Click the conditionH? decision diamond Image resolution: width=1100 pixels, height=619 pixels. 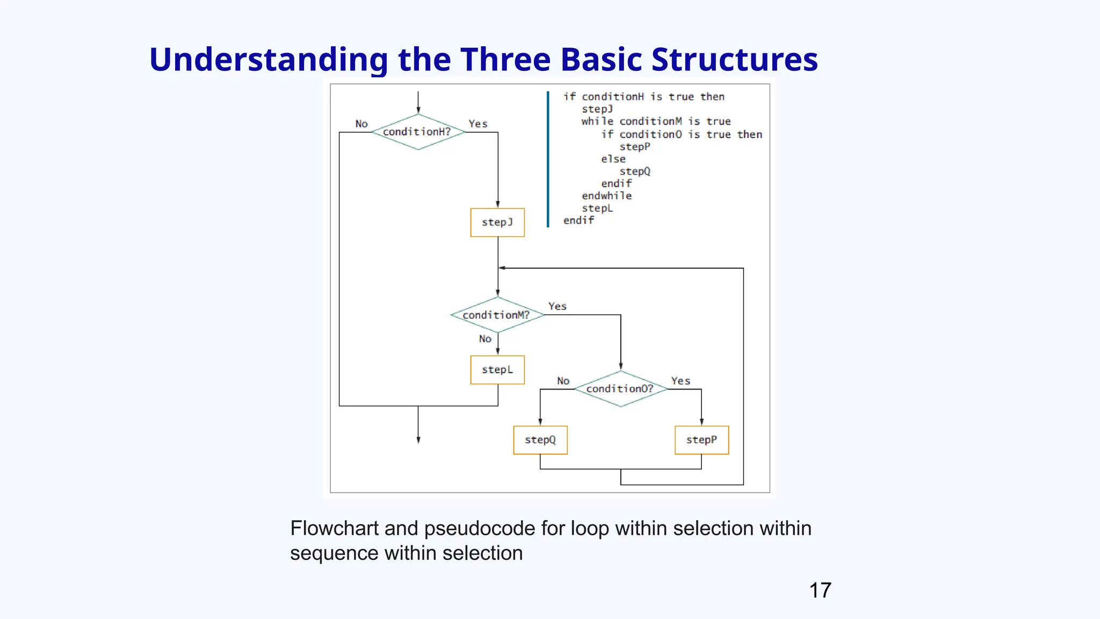418,132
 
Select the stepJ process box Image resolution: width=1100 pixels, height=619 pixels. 497,222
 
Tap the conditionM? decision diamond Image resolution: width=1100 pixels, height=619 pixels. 497,315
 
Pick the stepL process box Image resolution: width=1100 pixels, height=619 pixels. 497,370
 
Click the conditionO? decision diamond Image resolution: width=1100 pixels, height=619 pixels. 620,388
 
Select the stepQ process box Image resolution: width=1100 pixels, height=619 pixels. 540,440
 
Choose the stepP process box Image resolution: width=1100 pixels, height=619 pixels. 701,440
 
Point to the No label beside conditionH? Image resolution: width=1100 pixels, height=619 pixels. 361,124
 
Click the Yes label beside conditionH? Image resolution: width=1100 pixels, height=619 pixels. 477,124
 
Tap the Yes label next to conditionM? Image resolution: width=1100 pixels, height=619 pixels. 557,306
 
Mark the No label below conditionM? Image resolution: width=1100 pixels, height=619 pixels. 485,339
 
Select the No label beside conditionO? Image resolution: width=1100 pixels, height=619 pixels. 563,381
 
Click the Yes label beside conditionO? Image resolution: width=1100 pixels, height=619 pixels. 680,381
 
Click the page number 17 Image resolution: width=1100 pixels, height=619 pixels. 820,591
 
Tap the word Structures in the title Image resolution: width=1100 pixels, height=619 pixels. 734,59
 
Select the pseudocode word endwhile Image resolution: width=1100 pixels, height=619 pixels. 606,196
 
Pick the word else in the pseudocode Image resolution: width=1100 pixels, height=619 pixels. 613,159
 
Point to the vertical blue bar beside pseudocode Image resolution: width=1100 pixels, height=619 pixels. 548,159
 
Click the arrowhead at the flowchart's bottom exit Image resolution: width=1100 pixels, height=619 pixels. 418,440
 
